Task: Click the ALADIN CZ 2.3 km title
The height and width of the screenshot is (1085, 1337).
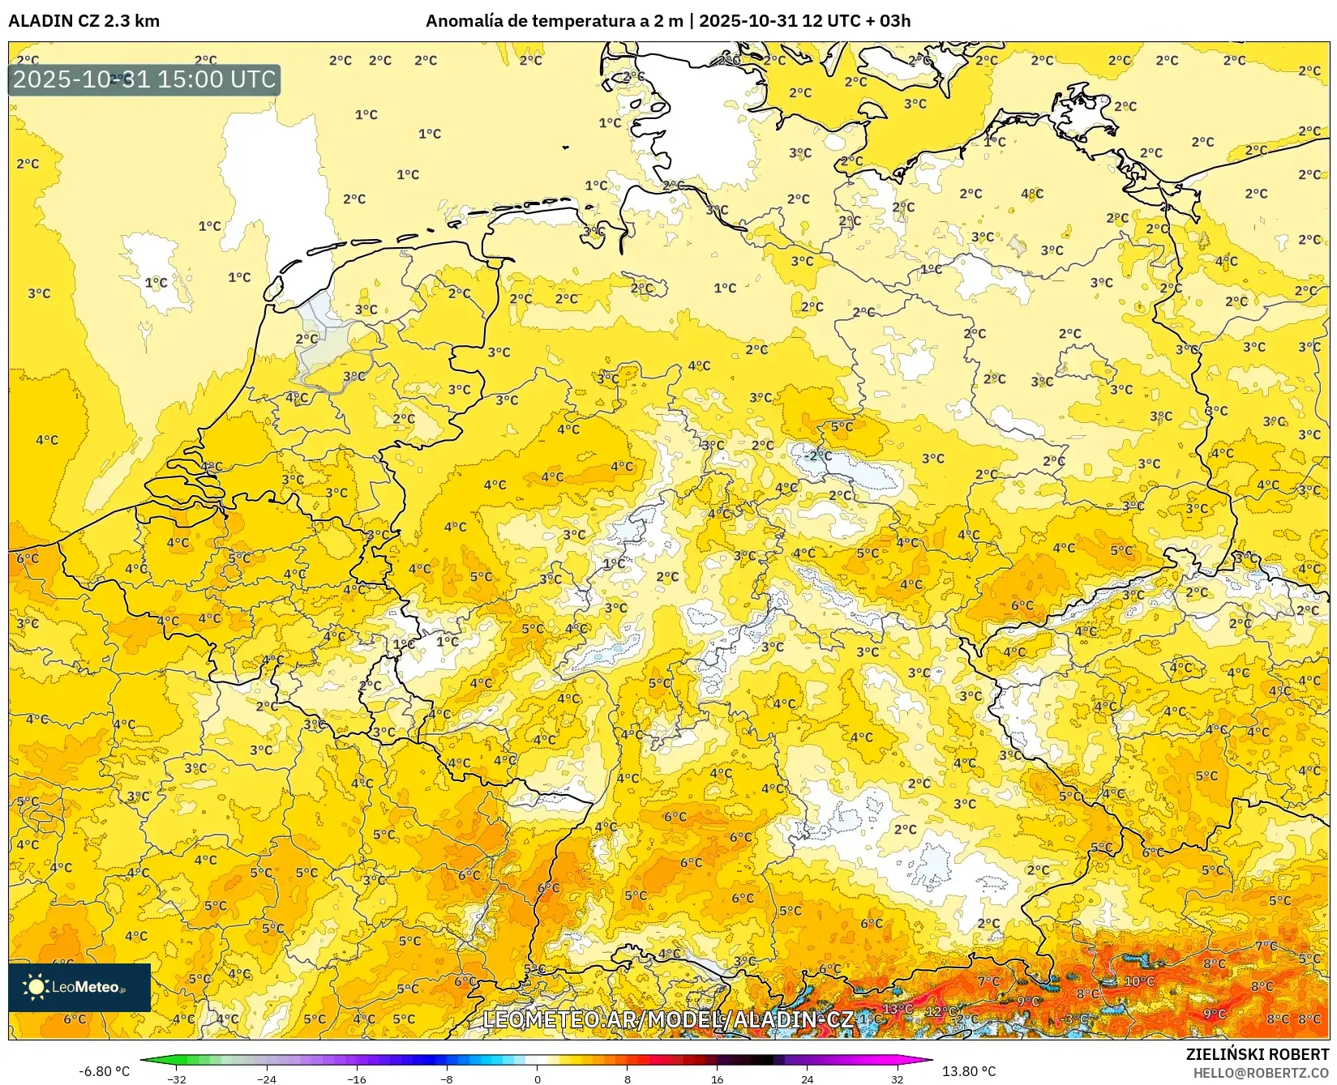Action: (84, 21)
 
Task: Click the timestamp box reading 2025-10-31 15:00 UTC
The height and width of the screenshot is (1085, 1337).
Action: (144, 79)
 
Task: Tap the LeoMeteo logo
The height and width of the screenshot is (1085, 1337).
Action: (79, 987)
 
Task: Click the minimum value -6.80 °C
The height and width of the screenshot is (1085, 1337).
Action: (104, 1071)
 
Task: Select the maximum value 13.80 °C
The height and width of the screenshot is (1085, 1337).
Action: (968, 1071)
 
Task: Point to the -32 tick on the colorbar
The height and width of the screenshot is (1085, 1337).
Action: (177, 1079)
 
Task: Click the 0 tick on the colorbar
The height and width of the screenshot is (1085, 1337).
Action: (537, 1079)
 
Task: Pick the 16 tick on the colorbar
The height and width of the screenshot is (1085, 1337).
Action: (717, 1079)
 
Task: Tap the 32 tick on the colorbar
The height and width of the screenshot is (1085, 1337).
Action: (897, 1079)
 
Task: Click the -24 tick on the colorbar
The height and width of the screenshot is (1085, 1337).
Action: (267, 1079)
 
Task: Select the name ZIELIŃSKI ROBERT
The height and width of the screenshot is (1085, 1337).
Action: (1257, 1054)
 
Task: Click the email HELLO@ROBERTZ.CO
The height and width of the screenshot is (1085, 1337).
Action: (1260, 1072)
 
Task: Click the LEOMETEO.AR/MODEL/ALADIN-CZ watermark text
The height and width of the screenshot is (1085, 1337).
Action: (668, 1019)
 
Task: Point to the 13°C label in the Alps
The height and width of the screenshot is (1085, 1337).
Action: (897, 1009)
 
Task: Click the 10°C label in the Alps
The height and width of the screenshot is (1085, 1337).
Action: (1139, 981)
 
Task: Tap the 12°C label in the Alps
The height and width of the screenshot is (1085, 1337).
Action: (941, 1011)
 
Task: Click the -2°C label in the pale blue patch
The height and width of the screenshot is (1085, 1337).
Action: (819, 455)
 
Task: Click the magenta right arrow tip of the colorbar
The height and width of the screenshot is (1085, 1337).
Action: (928, 1060)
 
